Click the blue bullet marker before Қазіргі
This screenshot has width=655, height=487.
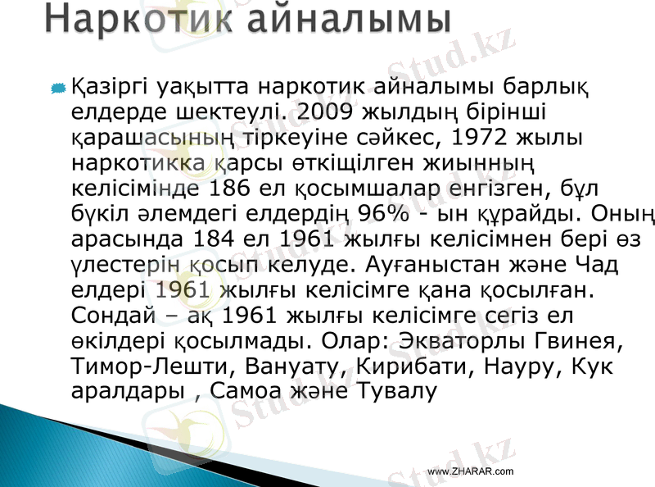pos(58,87)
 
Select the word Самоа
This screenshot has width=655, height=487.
pos(246,388)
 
